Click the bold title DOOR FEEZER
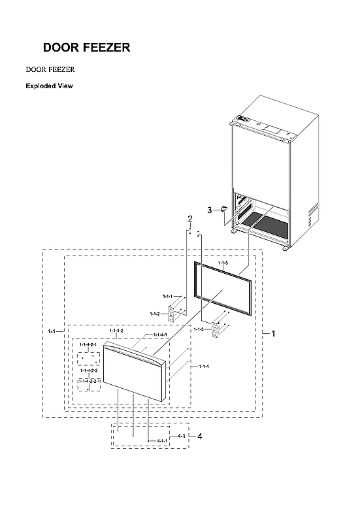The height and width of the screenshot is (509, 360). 86,48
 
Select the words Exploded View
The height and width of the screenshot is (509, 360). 49,86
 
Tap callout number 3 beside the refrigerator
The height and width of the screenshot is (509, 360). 209,210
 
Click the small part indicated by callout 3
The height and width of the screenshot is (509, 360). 223,209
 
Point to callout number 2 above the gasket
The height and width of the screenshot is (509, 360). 190,218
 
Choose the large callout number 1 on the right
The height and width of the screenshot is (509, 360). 273,333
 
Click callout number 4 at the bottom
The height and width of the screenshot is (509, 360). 200,436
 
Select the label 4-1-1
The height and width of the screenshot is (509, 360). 162,441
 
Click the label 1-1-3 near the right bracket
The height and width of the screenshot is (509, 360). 199,329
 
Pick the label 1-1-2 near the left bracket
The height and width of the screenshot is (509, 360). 155,314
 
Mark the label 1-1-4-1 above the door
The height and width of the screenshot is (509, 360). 160,335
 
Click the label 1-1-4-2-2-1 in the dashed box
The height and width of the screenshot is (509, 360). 90,380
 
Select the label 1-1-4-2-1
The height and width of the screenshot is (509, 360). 88,344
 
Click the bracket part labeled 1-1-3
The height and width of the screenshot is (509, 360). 218,330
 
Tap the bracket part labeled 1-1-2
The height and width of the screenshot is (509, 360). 174,314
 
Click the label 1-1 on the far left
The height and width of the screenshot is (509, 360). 52,332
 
